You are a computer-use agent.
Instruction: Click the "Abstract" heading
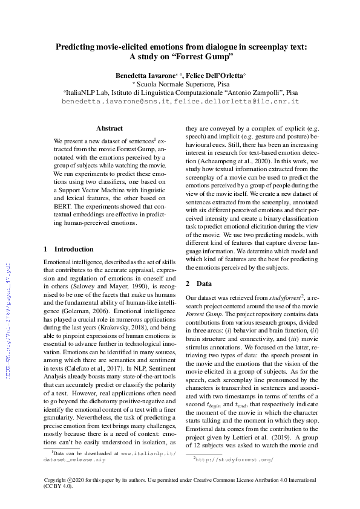pyautogui.click(x=110, y=128)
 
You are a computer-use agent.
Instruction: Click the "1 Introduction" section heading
pyautogui.click(x=70, y=249)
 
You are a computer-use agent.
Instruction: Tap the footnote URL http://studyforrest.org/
pyautogui.click(x=235, y=459)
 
